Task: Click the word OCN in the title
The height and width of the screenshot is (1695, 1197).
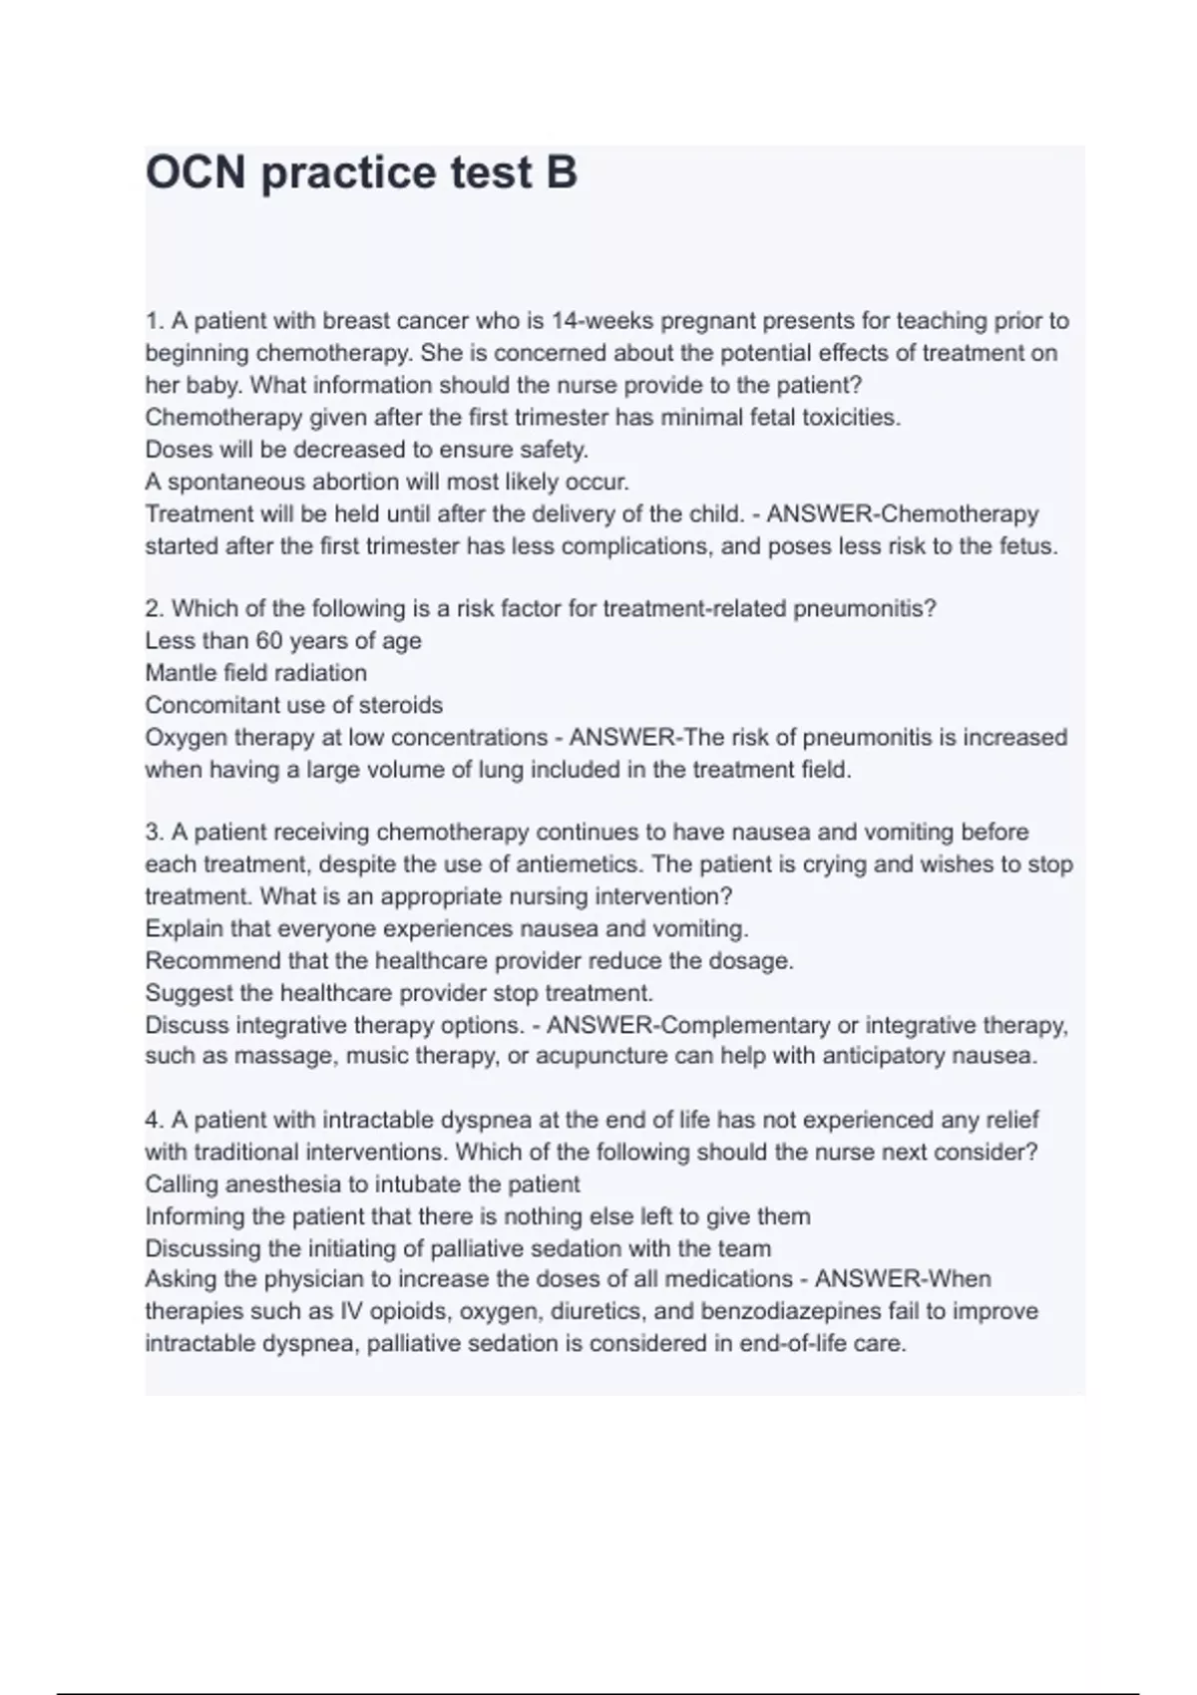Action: coord(195,172)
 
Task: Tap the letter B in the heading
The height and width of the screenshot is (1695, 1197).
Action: coord(562,172)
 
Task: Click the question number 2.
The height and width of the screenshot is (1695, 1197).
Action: coord(154,608)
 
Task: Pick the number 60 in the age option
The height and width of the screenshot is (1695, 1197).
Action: coord(269,641)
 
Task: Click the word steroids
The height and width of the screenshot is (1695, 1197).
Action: coord(402,705)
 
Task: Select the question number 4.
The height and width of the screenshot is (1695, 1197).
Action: coord(154,1121)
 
